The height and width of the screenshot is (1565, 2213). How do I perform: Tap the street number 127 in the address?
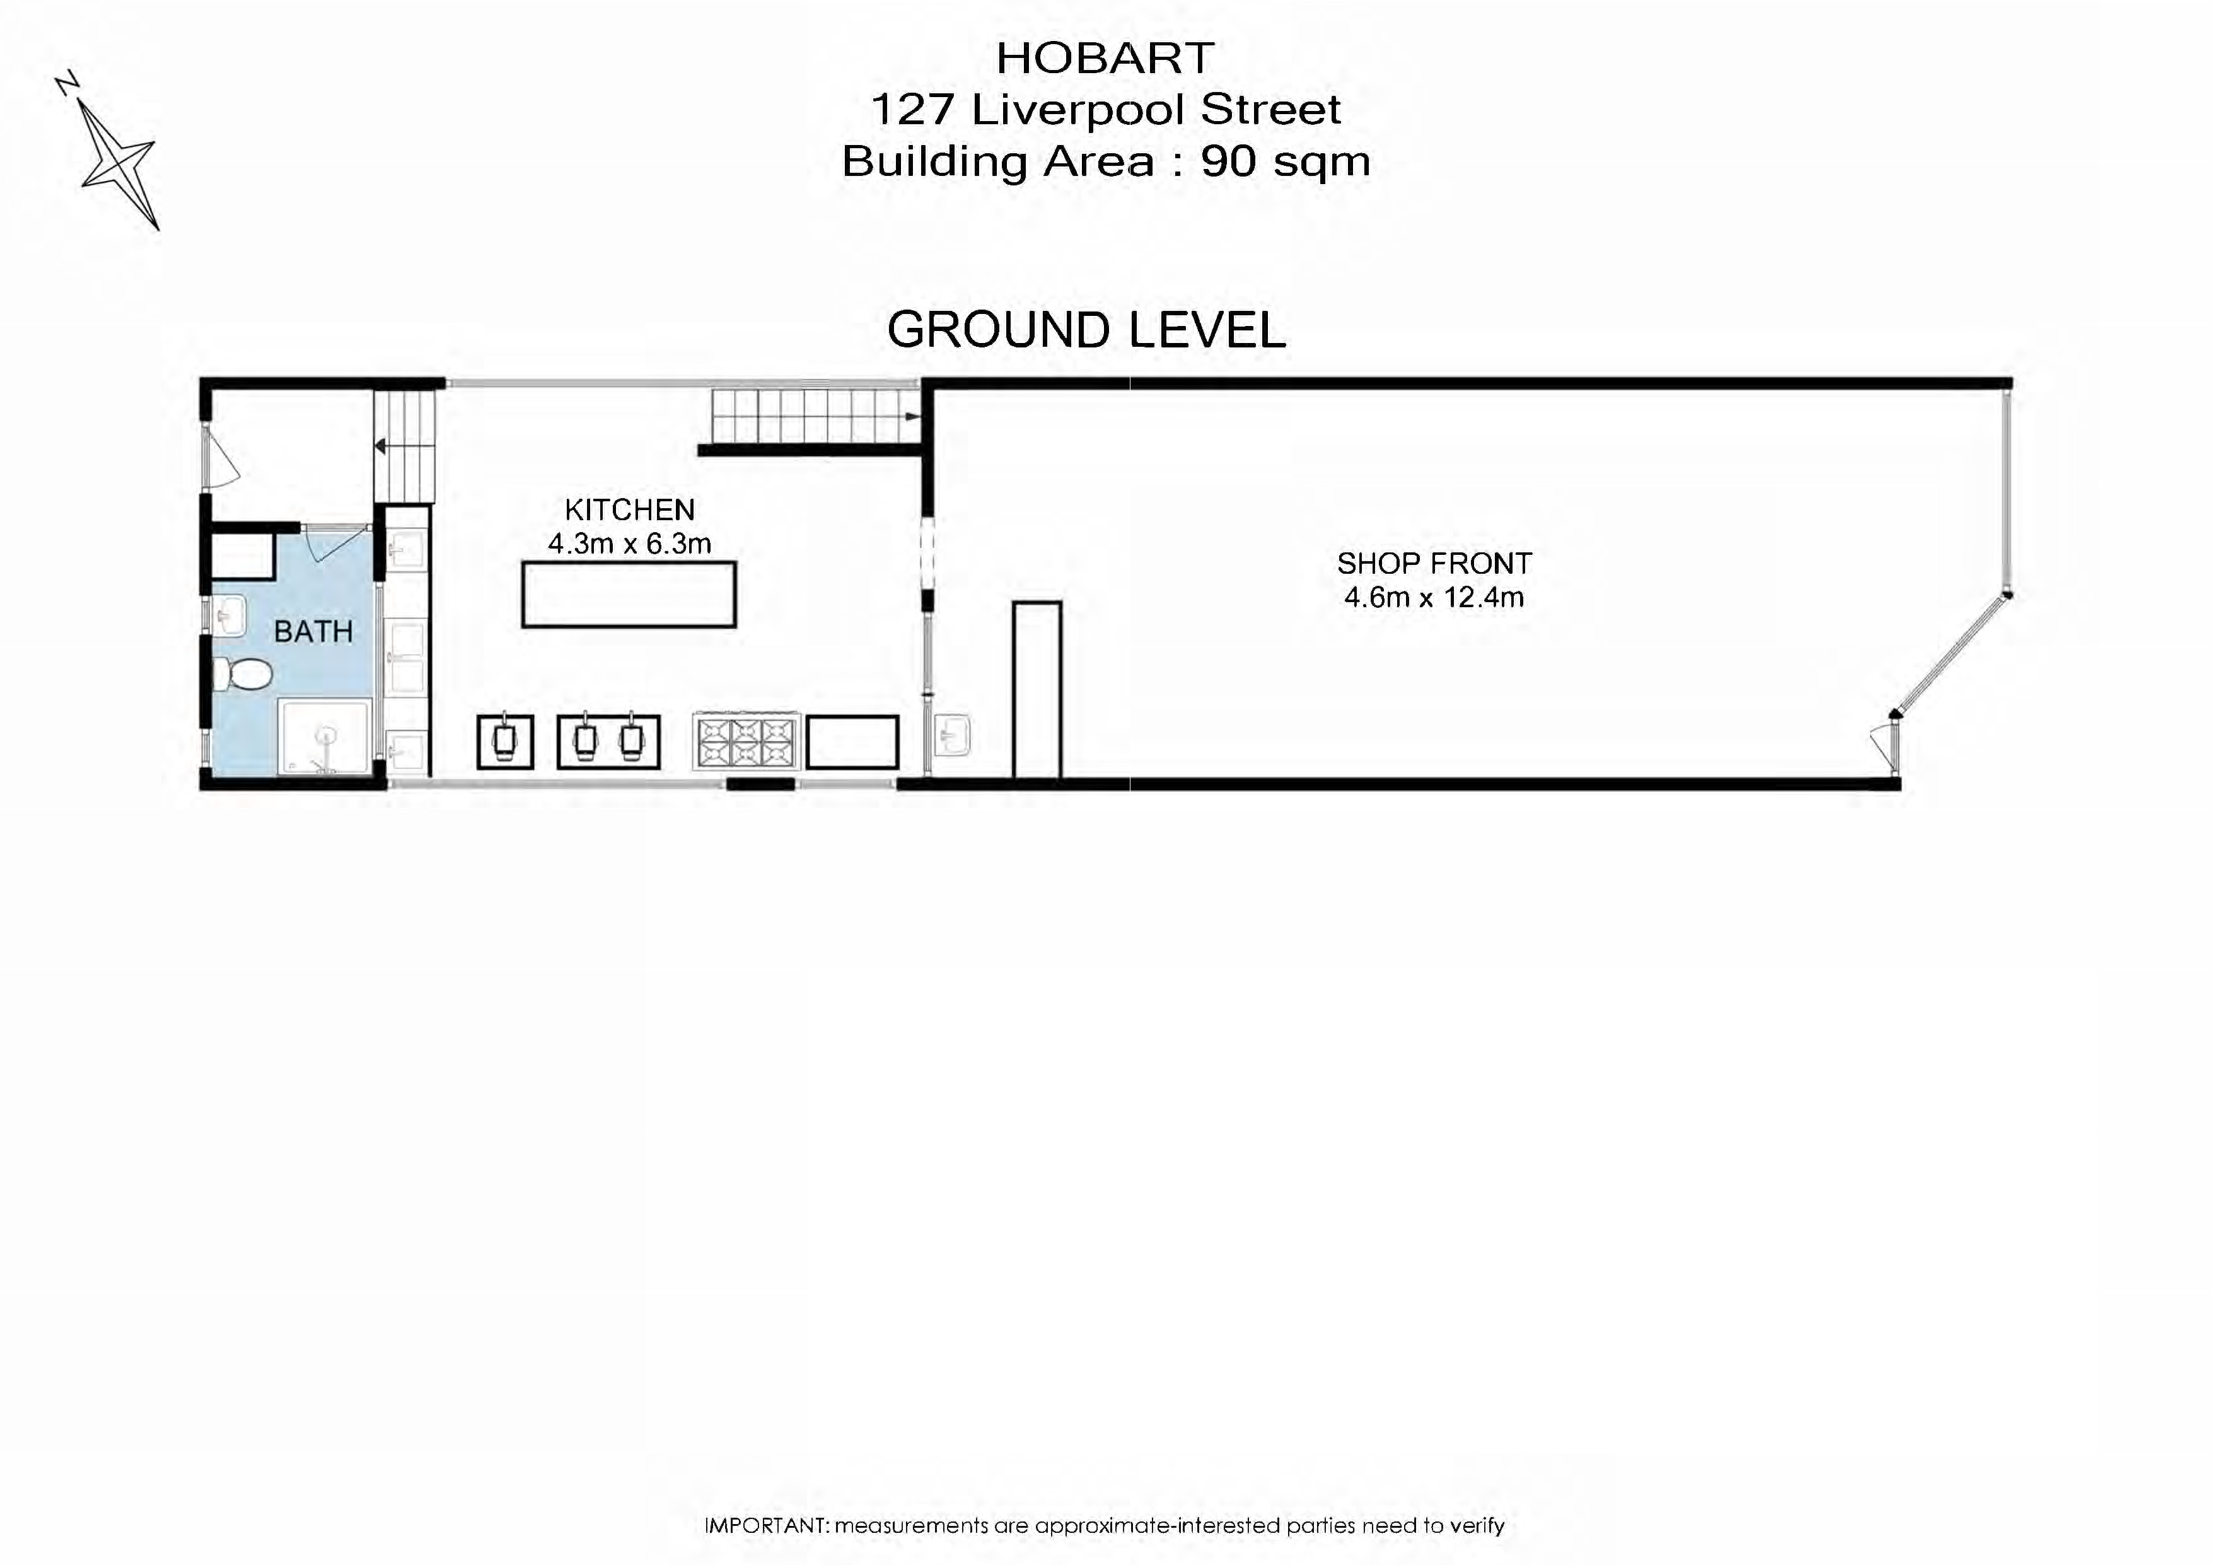pos(911,110)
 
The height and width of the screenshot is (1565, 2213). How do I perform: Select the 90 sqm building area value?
pos(1285,161)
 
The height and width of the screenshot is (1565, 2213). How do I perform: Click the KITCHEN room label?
pos(629,509)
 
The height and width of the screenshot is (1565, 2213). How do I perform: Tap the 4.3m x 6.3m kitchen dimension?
pos(629,544)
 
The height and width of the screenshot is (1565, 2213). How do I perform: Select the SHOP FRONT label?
pos(1433,563)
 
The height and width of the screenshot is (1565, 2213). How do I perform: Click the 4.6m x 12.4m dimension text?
pos(1433,598)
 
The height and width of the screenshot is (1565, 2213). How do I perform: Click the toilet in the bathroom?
pos(241,675)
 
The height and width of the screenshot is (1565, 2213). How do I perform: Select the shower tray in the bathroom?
pos(325,737)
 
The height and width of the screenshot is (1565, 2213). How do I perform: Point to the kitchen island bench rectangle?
pos(629,595)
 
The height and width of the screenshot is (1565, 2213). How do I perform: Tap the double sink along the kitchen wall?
pos(608,742)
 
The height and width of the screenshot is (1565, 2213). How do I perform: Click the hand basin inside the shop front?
pos(952,737)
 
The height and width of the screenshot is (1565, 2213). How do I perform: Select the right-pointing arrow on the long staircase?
pos(911,416)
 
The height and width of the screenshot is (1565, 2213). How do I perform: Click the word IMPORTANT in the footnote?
pos(766,1525)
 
